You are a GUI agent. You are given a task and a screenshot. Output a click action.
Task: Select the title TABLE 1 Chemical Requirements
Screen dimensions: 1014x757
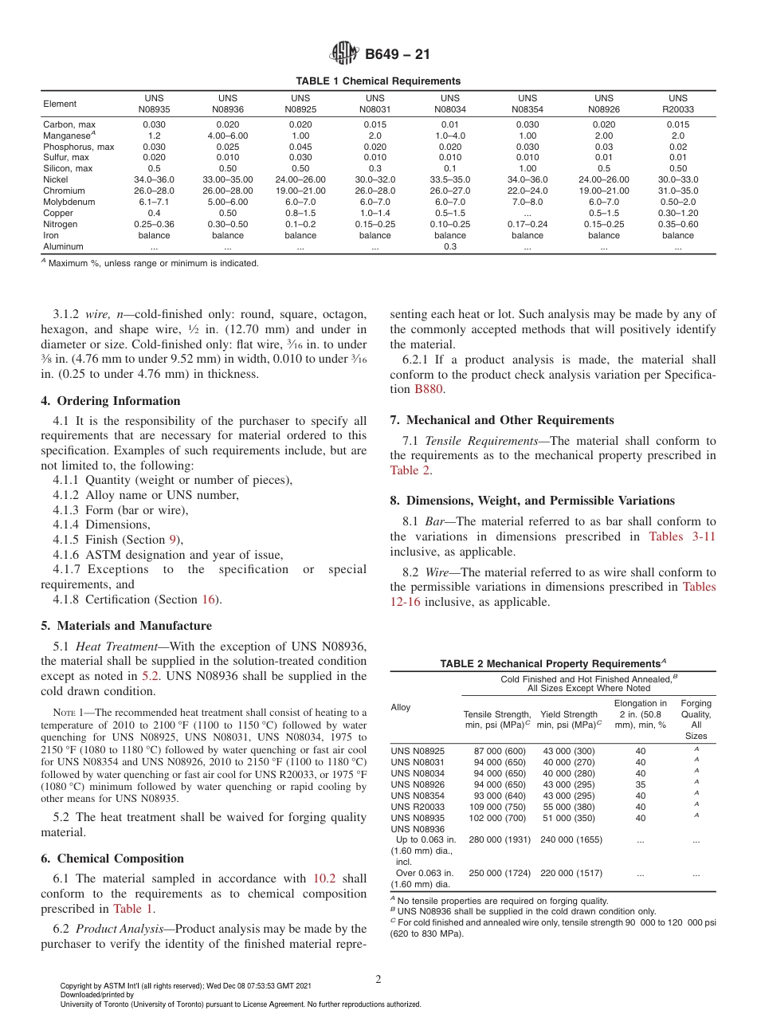[378, 81]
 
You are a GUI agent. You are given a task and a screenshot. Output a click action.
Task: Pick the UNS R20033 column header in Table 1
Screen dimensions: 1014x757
[677, 104]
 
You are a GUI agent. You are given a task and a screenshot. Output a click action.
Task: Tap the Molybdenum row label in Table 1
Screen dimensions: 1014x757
[69, 202]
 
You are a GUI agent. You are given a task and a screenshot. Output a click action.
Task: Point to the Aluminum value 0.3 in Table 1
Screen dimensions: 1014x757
[450, 247]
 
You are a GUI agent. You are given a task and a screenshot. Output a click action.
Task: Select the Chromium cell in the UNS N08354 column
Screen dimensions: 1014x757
[527, 191]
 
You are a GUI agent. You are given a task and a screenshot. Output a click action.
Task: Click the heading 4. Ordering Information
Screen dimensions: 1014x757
[111, 401]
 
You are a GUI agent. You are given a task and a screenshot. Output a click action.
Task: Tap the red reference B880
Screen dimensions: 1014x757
[428, 390]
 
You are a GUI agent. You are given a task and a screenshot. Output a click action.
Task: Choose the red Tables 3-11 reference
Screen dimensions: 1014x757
[682, 536]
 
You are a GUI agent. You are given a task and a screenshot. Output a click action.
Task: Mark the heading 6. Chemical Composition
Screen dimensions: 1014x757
[112, 859]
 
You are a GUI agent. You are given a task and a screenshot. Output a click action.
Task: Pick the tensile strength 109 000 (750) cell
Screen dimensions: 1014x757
[499, 806]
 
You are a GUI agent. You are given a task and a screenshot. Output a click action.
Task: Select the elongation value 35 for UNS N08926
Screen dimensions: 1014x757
[641, 784]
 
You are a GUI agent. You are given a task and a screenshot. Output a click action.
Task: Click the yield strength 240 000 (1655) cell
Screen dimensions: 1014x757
[571, 839]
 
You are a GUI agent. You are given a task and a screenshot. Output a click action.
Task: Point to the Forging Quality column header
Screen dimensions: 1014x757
[696, 720]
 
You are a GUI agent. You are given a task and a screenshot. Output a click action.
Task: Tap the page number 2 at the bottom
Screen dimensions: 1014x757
[378, 980]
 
